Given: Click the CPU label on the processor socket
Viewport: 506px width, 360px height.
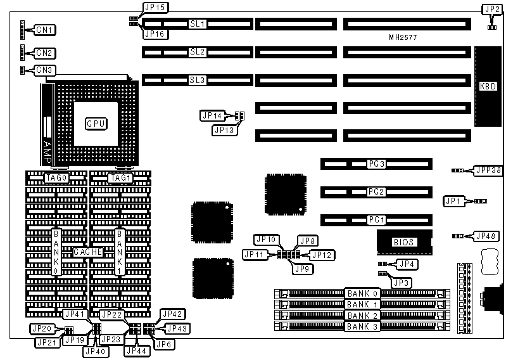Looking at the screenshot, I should (96, 123).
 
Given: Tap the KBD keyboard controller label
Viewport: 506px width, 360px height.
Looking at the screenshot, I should (488, 86).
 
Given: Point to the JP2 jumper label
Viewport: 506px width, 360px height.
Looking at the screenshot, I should (491, 10).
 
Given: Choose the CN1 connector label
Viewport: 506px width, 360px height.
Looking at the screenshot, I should (45, 30).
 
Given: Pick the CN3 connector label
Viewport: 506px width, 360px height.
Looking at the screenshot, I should (45, 70).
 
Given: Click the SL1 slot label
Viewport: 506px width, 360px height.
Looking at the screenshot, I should (198, 24).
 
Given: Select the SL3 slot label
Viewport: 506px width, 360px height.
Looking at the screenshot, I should (198, 80).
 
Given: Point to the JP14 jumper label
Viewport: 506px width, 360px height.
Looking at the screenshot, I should (212, 116).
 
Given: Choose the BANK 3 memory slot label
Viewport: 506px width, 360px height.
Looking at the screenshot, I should (362, 326).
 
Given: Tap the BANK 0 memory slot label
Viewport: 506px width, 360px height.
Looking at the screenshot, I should (362, 293).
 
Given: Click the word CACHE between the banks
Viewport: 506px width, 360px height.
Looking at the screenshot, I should (87, 252).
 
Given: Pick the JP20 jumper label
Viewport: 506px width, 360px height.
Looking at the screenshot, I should (42, 329).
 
